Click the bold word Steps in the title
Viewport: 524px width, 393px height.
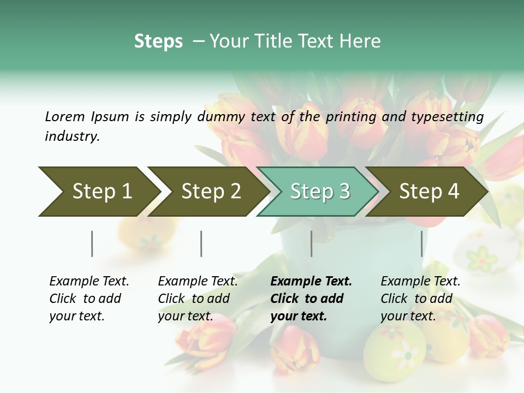[x=158, y=41]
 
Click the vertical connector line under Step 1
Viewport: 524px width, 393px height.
[x=92, y=243]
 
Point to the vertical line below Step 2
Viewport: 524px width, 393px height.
[x=201, y=243]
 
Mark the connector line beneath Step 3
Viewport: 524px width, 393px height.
[x=312, y=243]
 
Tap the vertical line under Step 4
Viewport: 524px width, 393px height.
[x=421, y=243]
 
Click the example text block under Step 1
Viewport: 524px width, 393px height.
[x=89, y=299]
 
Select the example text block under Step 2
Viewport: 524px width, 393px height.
[x=198, y=299]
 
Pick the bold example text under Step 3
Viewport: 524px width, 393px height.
[x=311, y=299]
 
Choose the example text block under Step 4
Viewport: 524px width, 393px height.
[x=420, y=299]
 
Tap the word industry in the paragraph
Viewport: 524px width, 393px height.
[x=72, y=136]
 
